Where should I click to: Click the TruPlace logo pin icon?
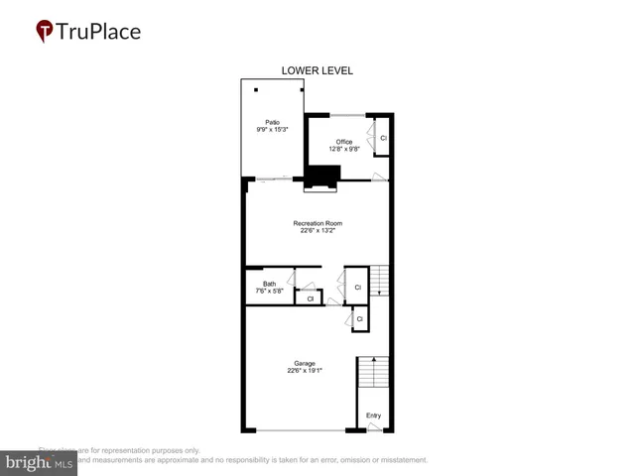tap(44, 32)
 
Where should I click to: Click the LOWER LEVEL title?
tap(317, 70)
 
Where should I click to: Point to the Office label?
tap(344, 142)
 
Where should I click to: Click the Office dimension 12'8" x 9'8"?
tap(344, 150)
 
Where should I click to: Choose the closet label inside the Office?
tap(383, 138)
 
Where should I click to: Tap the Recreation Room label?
tap(317, 223)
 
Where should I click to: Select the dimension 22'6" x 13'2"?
tap(317, 231)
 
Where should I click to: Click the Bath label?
tap(270, 284)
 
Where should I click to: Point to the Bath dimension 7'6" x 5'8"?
tap(270, 292)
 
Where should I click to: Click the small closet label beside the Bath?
tap(310, 298)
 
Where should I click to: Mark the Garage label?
tap(305, 362)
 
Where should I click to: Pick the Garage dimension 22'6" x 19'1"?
tap(305, 370)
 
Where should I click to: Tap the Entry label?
tap(373, 416)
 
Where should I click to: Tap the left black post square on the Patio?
tap(256, 90)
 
